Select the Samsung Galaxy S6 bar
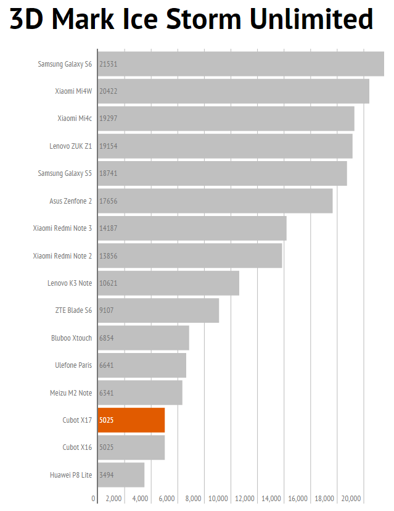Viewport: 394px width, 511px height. pos(240,64)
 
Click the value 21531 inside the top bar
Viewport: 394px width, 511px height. pos(108,64)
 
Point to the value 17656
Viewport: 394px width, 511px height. pos(108,201)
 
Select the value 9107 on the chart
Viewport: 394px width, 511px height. pos(106,310)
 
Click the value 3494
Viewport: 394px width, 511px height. pos(106,475)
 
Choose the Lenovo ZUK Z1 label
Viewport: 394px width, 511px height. pos(70,146)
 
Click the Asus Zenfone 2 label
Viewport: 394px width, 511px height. pos(70,201)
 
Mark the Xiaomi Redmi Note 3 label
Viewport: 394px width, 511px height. pos(62,228)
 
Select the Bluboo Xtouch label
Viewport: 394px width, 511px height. pos(71,338)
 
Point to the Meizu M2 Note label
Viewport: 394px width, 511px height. pos(70,393)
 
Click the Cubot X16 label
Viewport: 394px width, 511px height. pos(77,447)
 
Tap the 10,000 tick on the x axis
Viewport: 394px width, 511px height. pos(219,499)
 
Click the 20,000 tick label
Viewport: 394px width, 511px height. pos(351,499)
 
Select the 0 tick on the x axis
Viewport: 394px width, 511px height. pos(94,499)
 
